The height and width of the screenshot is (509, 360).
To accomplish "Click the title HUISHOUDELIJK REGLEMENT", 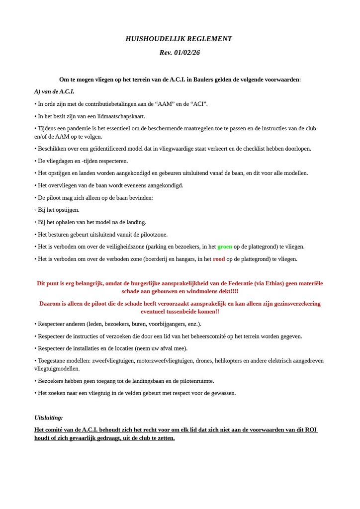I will tap(180, 39).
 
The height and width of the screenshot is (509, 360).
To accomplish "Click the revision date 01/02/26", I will tap(187, 53).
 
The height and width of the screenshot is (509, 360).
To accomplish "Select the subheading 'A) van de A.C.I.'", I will tap(54, 91).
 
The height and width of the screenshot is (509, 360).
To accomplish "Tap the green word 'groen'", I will tap(225, 247).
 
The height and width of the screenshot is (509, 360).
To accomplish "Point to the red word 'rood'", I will tap(219, 259).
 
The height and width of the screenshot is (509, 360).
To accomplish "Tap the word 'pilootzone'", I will tap(152, 235).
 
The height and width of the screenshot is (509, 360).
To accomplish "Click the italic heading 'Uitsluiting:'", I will tap(48, 418).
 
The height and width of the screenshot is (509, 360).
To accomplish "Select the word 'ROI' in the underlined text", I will tap(311, 430).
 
